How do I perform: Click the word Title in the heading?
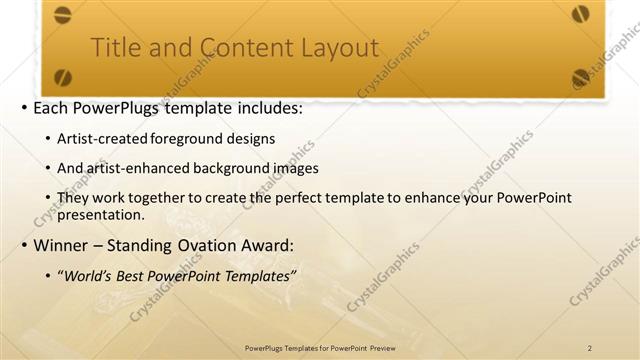coord(113,48)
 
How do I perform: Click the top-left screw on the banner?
coord(63,14)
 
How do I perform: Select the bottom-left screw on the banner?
coord(63,76)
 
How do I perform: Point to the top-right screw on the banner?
coord(581,14)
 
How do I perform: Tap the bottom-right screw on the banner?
coord(581,76)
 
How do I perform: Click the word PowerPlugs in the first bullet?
coord(128,107)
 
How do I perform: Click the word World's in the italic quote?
coord(87,276)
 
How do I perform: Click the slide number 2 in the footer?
coord(590,347)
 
